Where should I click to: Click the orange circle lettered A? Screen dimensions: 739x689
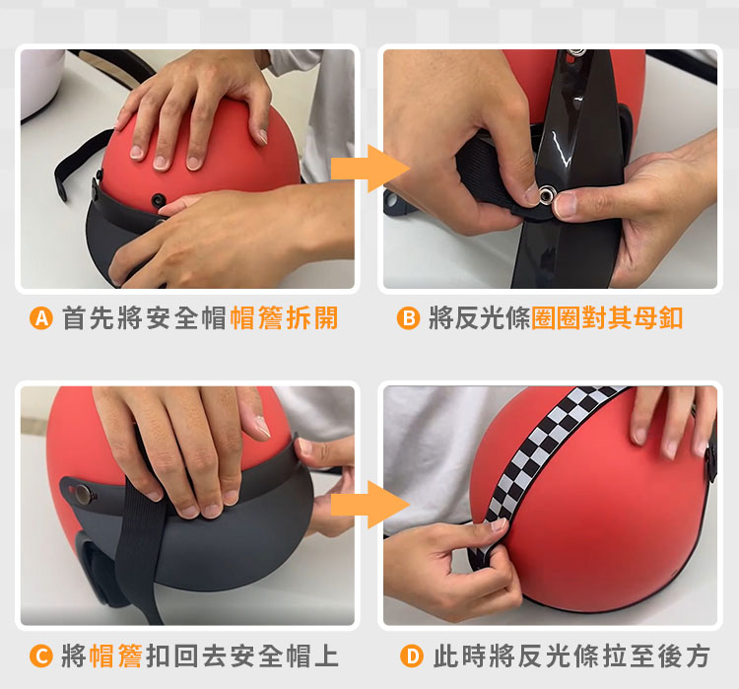pyautogui.click(x=41, y=318)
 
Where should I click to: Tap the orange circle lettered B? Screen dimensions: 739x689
pyautogui.click(x=408, y=318)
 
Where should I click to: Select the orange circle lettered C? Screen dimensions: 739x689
pyautogui.click(x=41, y=656)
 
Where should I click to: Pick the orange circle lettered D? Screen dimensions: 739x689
pyautogui.click(x=412, y=656)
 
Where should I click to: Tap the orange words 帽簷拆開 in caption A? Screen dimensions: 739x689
pyautogui.click(x=284, y=318)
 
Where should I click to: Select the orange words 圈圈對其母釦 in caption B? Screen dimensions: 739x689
pyautogui.click(x=607, y=318)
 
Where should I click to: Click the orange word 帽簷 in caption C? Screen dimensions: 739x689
pyautogui.click(x=115, y=656)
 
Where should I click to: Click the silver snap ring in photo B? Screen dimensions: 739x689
pyautogui.click(x=547, y=193)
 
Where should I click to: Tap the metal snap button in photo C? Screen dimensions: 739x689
pyautogui.click(x=84, y=494)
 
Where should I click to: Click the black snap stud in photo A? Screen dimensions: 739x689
pyautogui.click(x=159, y=200)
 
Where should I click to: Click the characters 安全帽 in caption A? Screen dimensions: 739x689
pyautogui.click(x=186, y=318)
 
